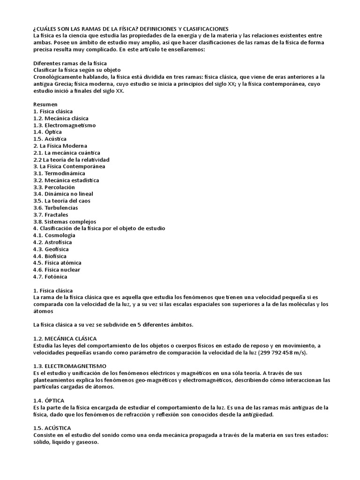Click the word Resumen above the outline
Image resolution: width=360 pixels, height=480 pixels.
45,104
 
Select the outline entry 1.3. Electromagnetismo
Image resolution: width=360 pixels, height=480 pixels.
64,125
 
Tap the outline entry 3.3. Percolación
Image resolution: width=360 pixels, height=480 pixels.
54,187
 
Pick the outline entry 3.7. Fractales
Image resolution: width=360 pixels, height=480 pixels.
51,215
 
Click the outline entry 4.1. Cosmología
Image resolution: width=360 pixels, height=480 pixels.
54,235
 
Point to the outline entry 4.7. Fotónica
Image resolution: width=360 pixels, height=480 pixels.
50,277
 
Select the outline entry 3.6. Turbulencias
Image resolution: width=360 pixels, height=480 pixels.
55,208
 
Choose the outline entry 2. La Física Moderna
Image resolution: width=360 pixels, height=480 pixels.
60,146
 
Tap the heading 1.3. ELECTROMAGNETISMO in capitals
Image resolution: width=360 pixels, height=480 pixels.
70,366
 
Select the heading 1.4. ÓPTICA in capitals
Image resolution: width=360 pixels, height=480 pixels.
49,400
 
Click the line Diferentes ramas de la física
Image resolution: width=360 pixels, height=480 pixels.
70,63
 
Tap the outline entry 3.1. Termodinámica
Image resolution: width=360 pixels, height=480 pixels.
59,173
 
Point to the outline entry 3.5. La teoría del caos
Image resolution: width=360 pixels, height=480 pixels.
62,201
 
